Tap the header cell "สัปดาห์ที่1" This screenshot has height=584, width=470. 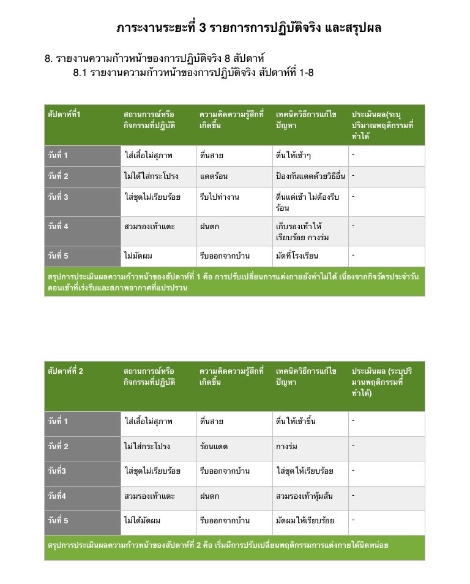click(64, 115)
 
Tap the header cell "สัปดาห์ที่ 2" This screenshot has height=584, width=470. click(65, 371)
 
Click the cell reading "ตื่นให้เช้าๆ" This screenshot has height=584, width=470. click(298, 156)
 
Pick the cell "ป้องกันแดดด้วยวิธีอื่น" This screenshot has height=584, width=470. click(310, 176)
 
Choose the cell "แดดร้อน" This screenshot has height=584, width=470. click(214, 176)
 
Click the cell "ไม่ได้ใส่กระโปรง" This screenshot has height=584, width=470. click(151, 176)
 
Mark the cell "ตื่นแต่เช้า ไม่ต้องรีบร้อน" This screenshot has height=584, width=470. click(308, 202)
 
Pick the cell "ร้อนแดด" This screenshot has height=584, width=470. click(214, 447)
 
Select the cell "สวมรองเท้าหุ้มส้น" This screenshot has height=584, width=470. click(307, 496)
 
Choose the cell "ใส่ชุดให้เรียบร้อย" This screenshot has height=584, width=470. click(305, 471)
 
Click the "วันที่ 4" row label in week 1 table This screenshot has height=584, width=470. click(59, 226)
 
